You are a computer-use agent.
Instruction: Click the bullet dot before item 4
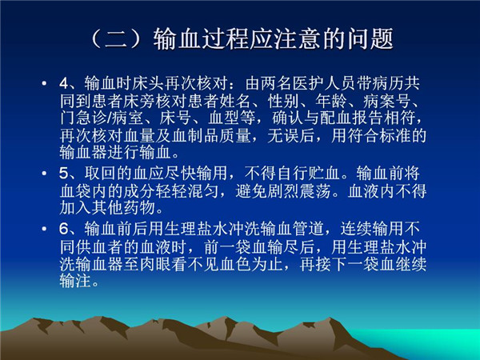pos(44,83)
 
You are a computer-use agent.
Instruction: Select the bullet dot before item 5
pos(44,174)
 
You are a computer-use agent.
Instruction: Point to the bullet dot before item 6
pos(44,229)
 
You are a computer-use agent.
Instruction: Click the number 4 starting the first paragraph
pos(64,83)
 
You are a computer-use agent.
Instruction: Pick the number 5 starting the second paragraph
pos(64,174)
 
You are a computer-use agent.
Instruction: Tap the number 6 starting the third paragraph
pos(64,229)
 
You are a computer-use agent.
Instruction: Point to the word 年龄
pos(331,101)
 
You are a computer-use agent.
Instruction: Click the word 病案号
pos(387,101)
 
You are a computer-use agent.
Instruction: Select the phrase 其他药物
pos(124,208)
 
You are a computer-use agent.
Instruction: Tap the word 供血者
pos(100,246)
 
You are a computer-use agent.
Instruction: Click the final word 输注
pos(76,281)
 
